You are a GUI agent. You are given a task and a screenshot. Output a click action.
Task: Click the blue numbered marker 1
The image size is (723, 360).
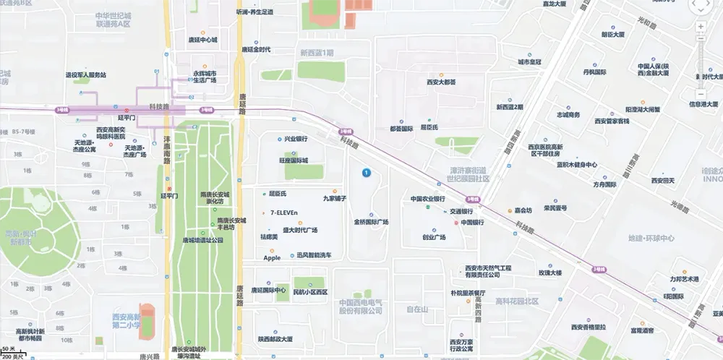[367, 173]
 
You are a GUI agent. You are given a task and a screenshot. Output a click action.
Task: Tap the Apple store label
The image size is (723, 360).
[272, 258]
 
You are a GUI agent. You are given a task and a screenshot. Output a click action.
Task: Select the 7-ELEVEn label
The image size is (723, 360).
[283, 213]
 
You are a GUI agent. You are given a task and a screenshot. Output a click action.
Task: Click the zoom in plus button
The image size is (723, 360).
[701, 27]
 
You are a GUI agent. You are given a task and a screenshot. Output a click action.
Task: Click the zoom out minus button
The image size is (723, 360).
[701, 94]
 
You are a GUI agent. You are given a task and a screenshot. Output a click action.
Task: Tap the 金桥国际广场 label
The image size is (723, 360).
[371, 222]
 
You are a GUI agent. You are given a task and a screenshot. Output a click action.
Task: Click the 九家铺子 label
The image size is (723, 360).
[335, 197]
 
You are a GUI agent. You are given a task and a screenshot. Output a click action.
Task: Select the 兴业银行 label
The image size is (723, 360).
[296, 139]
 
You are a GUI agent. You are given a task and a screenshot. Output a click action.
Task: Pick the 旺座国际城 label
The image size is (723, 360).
[294, 160]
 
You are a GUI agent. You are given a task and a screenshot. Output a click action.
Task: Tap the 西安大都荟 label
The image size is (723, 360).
[441, 82]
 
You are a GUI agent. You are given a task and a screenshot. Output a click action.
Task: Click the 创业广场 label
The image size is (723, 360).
[434, 237]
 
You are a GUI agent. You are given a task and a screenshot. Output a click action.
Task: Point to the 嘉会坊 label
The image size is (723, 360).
[523, 210]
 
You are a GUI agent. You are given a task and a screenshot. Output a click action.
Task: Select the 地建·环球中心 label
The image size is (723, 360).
[651, 238]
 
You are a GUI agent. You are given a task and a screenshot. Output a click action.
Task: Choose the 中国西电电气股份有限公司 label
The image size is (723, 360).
[361, 307]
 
